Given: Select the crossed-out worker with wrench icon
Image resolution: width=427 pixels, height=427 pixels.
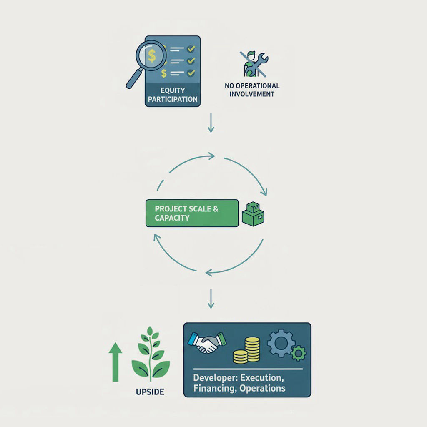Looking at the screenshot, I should click(x=254, y=63).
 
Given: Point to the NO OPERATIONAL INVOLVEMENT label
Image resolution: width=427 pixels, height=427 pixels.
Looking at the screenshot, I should click(x=252, y=90).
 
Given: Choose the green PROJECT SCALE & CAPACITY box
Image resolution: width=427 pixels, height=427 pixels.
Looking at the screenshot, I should click(x=192, y=213).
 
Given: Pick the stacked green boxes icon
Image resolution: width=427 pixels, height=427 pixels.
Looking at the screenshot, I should click(x=253, y=214).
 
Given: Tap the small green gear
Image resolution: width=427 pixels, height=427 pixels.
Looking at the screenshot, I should click(x=298, y=354).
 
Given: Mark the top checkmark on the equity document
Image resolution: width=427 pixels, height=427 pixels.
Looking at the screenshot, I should click(x=191, y=49).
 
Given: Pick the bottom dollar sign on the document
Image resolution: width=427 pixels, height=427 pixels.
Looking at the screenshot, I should click(x=164, y=73).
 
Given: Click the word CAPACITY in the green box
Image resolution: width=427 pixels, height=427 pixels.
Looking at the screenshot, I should click(x=172, y=218).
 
